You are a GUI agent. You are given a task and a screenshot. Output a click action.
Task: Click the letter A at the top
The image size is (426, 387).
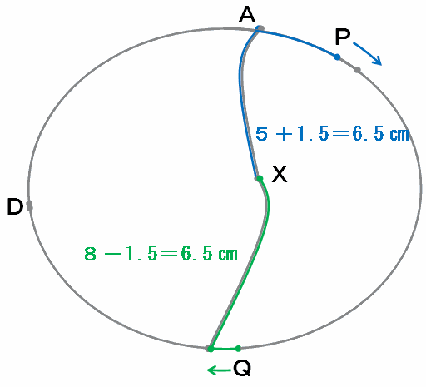click(247, 15)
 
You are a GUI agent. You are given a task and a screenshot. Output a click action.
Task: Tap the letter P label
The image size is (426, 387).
click(343, 37)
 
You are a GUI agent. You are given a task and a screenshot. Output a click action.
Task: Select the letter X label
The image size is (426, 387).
click(280, 174)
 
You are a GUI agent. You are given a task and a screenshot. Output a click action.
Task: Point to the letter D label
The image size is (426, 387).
click(15, 206)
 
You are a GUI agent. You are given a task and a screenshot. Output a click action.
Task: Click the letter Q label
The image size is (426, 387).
click(242, 368)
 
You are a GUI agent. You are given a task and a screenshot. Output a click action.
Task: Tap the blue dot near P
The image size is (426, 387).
click(337, 57)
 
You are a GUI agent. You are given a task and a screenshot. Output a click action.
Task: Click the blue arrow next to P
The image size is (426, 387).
click(368, 54)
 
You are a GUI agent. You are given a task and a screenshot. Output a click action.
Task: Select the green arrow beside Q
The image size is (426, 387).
click(219, 370)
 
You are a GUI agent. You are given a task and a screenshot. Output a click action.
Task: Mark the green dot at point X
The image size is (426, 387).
click(260, 179)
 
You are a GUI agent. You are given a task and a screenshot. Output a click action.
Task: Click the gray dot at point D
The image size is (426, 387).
click(29, 206)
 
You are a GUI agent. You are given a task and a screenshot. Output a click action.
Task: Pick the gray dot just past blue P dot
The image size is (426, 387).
click(358, 70)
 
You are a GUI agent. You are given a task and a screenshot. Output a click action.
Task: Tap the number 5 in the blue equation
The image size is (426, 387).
click(261, 134)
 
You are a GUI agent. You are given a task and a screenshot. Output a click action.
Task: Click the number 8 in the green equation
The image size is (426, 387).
click(90, 254)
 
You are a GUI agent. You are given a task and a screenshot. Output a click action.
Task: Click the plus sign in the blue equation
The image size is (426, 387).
click(284, 134)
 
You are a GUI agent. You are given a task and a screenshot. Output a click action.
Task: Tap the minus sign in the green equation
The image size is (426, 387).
click(111, 254)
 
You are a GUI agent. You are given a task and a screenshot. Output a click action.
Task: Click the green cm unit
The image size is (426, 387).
click(228, 255)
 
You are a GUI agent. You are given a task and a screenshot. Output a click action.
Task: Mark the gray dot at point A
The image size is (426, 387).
click(260, 28)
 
